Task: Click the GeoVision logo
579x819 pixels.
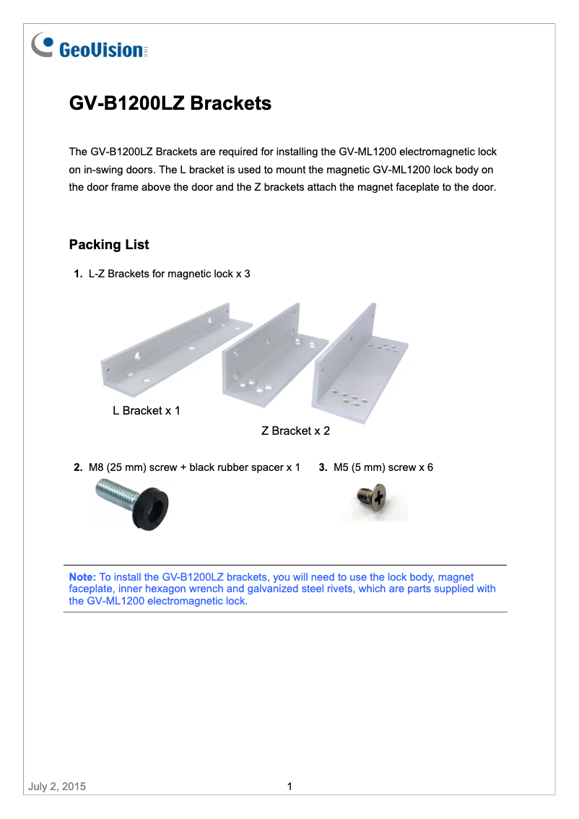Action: pos(90,48)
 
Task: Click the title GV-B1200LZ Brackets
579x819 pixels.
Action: pos(170,103)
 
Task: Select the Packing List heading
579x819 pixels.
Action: pos(109,245)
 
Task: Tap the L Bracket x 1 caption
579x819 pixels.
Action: pos(146,411)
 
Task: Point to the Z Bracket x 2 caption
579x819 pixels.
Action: pos(295,431)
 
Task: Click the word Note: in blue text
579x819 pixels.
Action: pos(82,577)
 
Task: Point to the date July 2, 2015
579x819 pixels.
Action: pos(57,786)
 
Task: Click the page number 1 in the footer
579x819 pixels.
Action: pos(289,786)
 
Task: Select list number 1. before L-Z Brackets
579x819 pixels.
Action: pos(78,274)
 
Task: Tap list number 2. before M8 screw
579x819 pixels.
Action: pos(78,468)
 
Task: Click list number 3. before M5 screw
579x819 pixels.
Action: pos(323,468)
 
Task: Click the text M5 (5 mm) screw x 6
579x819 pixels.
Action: pos(383,468)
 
